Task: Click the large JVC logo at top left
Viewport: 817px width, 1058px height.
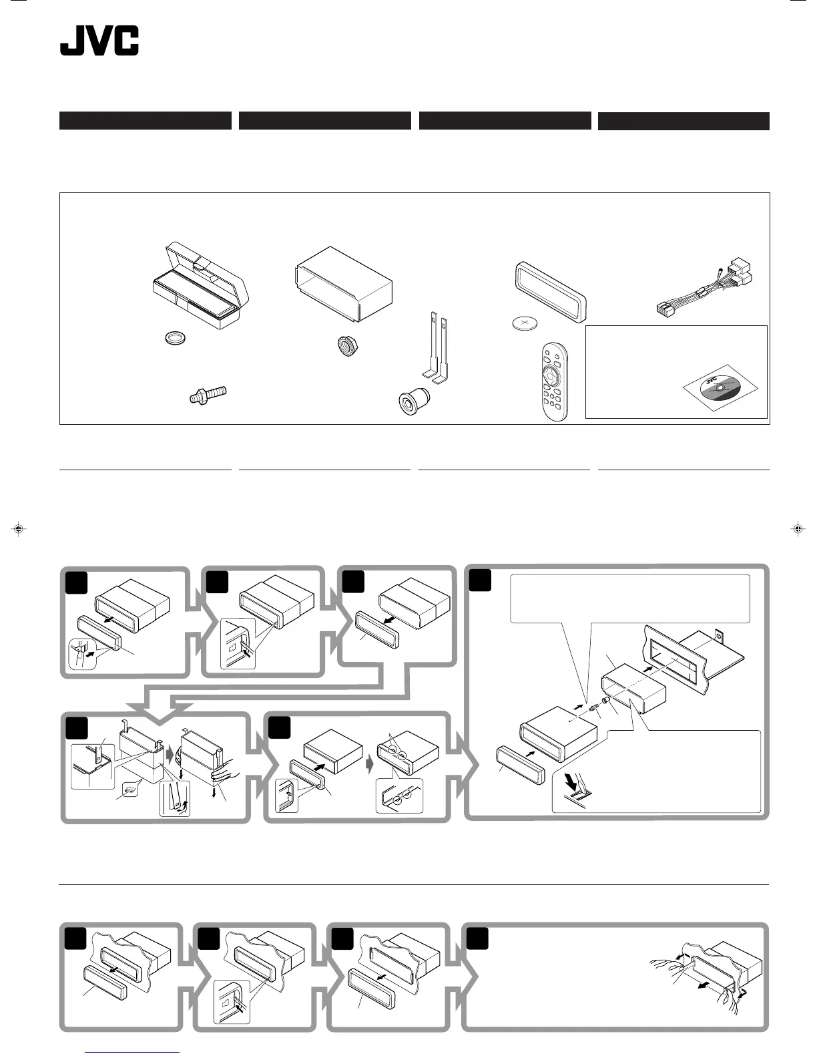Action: pyautogui.click(x=99, y=41)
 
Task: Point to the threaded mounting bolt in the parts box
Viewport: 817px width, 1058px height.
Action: pyautogui.click(x=206, y=395)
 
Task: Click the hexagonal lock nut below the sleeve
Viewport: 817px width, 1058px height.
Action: pyautogui.click(x=345, y=346)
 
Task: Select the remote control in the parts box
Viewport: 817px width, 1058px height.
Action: pyautogui.click(x=555, y=383)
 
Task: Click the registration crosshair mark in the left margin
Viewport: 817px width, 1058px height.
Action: pyautogui.click(x=19, y=529)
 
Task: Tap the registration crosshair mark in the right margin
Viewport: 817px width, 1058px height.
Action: pyautogui.click(x=797, y=529)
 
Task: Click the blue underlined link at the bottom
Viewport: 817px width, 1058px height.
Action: pyautogui.click(x=132, y=1053)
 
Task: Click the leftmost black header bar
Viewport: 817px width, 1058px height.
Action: pyautogui.click(x=145, y=121)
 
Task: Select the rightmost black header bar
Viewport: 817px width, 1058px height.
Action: pyautogui.click(x=684, y=121)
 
